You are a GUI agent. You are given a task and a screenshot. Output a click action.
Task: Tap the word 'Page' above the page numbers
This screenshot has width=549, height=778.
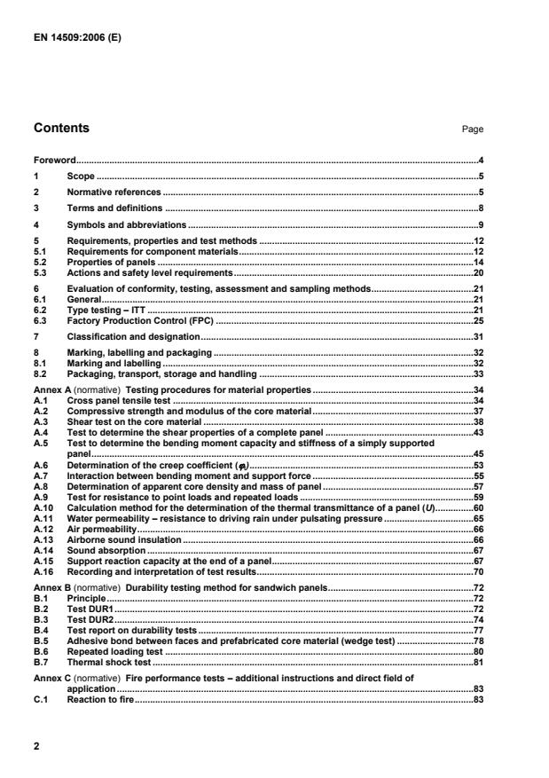pos(473,130)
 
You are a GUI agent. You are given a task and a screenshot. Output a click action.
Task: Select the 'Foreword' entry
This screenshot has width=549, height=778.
pos(54,161)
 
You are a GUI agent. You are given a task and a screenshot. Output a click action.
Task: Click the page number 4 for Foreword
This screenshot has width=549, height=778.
pos(480,161)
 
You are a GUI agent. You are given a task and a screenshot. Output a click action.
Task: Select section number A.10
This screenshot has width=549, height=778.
pos(43,507)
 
